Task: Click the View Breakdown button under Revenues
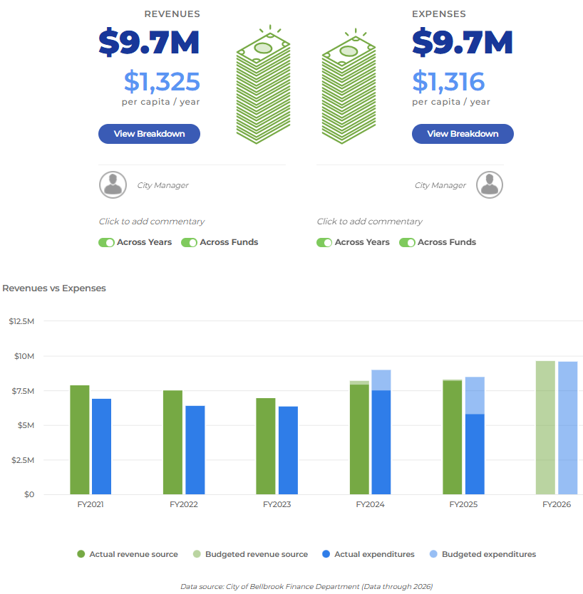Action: tap(149, 134)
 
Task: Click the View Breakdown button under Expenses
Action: tap(463, 134)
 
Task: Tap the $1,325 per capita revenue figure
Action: tap(162, 82)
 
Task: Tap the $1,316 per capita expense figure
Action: tap(448, 82)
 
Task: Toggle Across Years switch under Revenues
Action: tap(107, 242)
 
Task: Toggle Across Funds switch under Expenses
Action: tap(408, 242)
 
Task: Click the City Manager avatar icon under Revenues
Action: tap(113, 184)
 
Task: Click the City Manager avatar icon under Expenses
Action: tap(490, 184)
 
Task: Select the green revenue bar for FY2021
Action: tap(80, 439)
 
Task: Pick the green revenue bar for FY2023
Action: tap(266, 446)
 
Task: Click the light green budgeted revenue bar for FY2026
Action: tap(545, 427)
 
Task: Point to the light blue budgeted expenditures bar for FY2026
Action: tap(568, 427)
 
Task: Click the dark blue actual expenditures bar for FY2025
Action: tap(475, 454)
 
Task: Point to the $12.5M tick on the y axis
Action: tap(21, 321)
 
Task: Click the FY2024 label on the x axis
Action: tap(370, 504)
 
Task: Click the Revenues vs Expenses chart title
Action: tap(54, 288)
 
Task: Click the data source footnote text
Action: tap(306, 586)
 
